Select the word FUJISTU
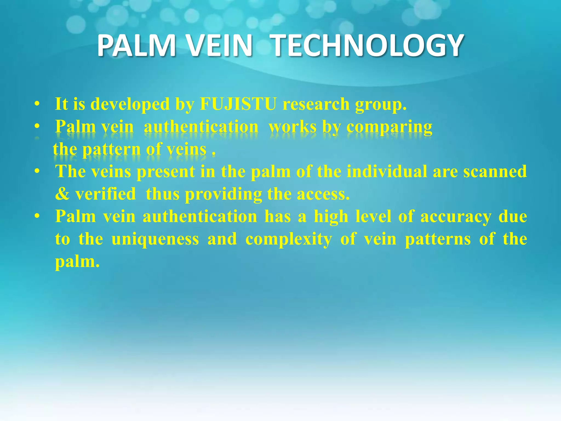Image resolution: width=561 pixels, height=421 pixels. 238,104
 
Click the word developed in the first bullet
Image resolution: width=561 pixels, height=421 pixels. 130,104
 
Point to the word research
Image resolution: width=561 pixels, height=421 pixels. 316,104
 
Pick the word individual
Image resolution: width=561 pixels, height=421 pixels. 387,172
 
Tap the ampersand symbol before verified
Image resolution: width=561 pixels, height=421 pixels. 62,194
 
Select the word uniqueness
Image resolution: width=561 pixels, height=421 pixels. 155,239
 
